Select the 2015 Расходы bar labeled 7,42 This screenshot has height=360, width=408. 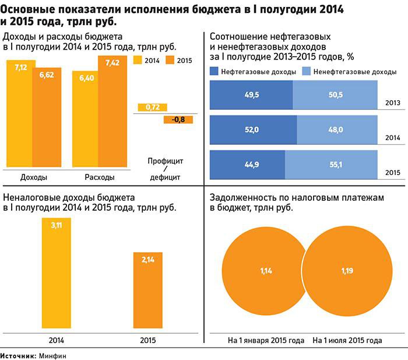coord(112,111)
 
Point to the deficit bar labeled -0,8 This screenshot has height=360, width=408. coord(178,120)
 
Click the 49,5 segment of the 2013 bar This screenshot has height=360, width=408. coord(251,95)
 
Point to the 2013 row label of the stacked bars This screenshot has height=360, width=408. coord(392,103)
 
